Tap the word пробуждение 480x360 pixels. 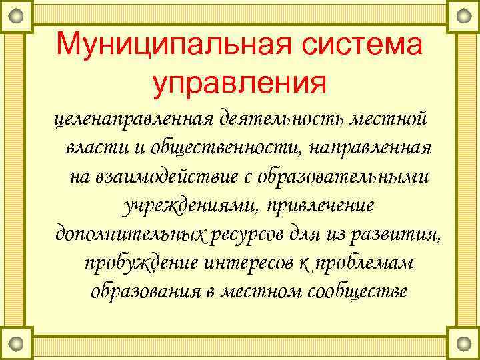pyautogui.click(x=141, y=263)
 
